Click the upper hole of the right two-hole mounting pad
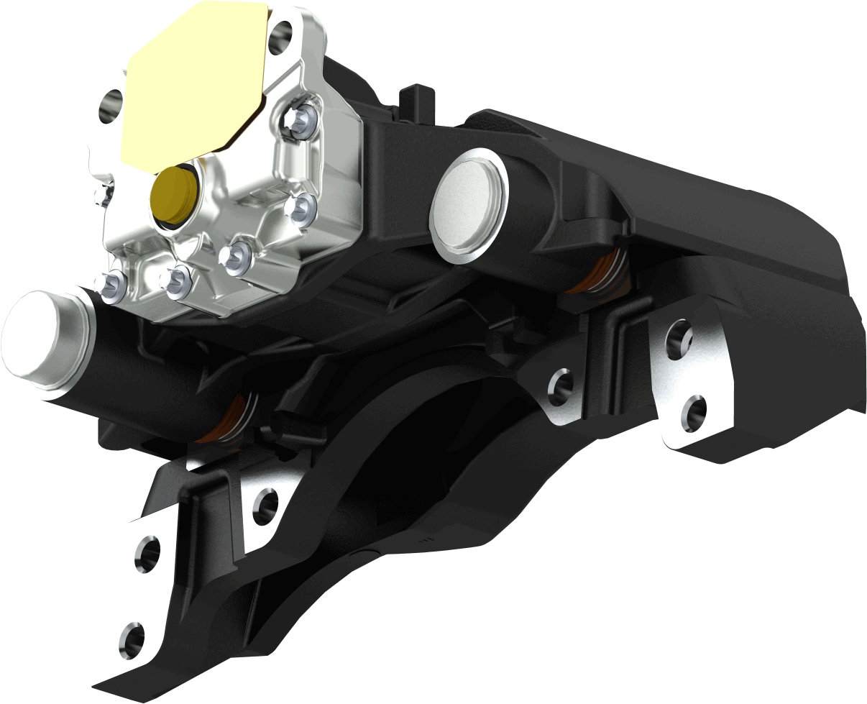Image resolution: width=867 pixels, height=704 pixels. pos(680,336)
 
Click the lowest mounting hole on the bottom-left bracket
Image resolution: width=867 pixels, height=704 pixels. pos(132,636)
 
